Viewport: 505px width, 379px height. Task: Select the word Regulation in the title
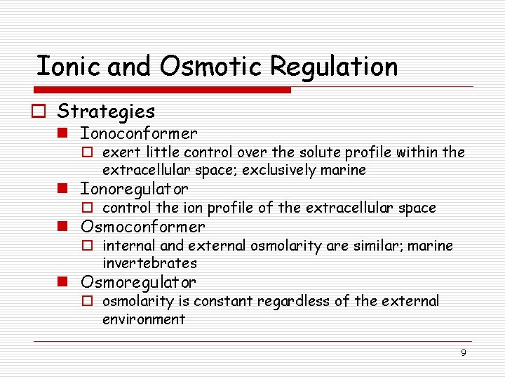click(x=334, y=67)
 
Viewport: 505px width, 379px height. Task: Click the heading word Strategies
click(x=106, y=111)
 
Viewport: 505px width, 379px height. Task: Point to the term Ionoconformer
click(x=139, y=133)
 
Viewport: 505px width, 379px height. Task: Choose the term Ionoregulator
click(x=135, y=189)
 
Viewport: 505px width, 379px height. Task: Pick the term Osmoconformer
click(x=143, y=227)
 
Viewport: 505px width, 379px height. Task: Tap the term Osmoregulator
click(x=139, y=282)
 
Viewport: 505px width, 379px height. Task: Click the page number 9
click(x=464, y=353)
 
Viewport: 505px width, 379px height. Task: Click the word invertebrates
click(x=149, y=263)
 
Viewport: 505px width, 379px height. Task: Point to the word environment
click(x=144, y=319)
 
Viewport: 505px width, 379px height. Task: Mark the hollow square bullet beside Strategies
click(x=41, y=112)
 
